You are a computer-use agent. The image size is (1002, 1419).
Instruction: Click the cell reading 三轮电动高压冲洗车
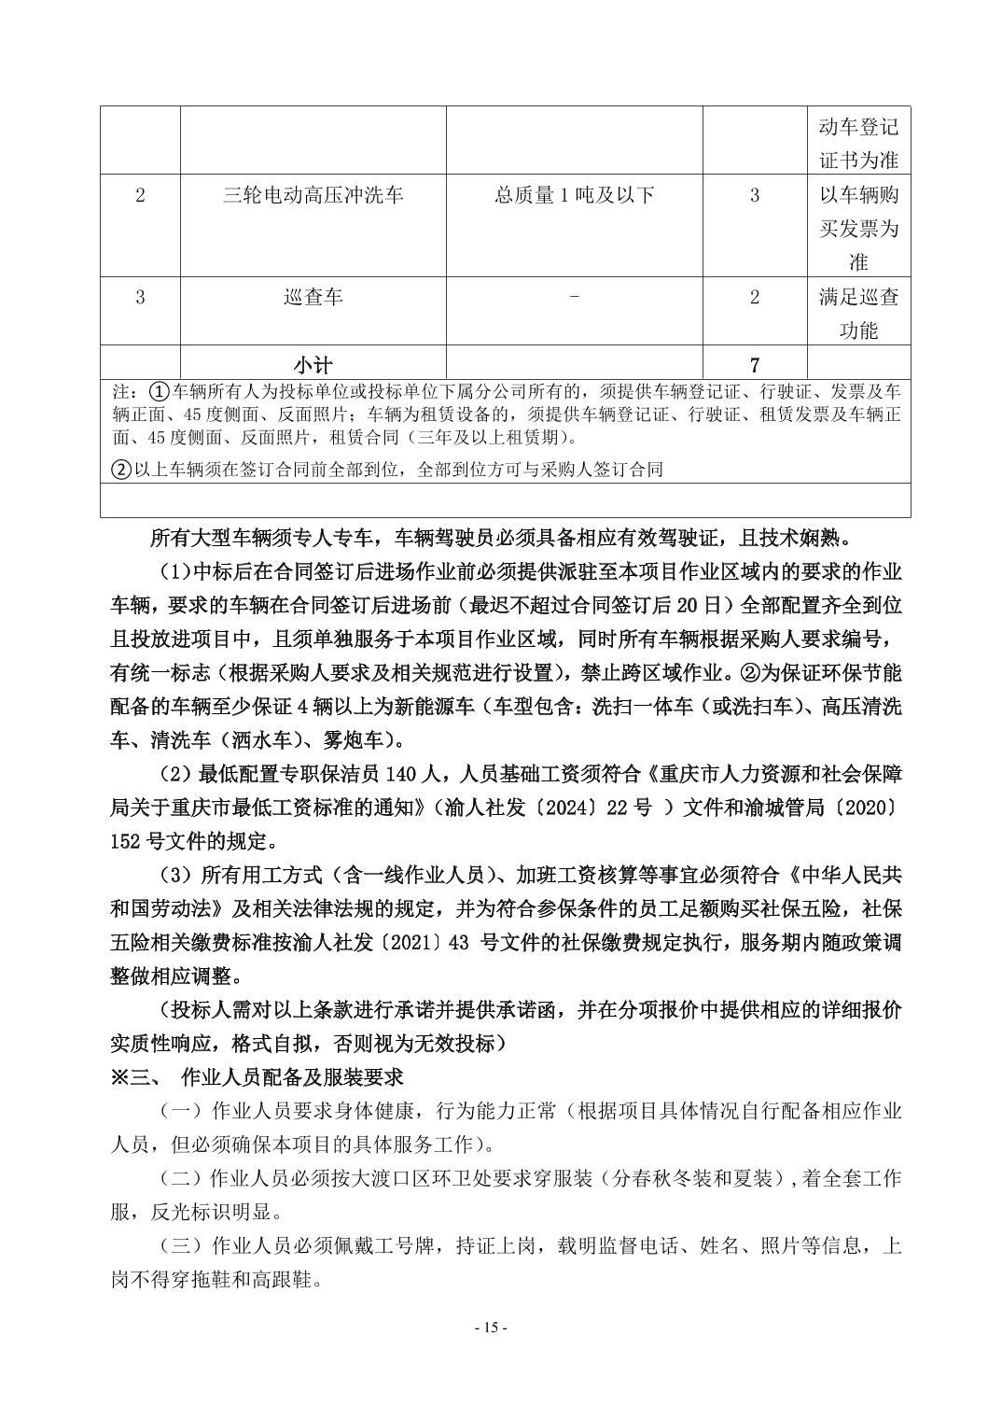313,195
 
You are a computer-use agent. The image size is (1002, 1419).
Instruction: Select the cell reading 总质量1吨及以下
574,195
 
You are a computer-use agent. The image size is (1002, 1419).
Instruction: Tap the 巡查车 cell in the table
313,297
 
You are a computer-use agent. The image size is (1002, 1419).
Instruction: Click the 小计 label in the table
313,363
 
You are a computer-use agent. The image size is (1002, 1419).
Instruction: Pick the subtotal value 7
754,363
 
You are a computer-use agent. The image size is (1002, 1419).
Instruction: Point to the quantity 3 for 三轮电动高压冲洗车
754,195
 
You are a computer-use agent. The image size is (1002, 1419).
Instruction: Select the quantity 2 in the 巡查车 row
754,297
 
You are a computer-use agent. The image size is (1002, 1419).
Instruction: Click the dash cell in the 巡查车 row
574,297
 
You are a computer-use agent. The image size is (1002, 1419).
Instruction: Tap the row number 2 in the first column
140,195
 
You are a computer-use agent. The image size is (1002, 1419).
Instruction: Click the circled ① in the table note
159,390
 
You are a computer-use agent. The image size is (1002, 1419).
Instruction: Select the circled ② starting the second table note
120,469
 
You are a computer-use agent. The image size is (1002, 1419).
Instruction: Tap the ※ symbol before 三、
119,1076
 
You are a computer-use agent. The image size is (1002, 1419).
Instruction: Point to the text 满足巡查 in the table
858,297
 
